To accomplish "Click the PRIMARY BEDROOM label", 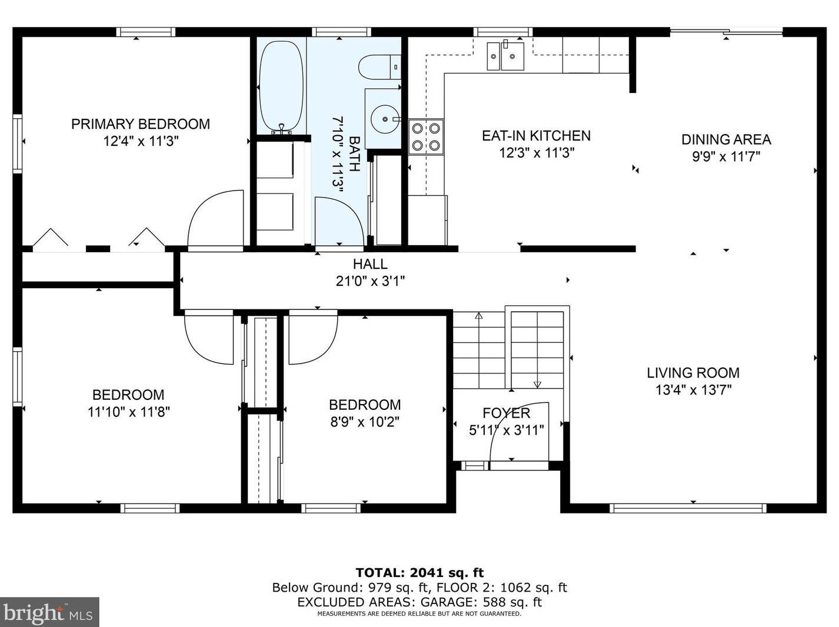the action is coord(141,124).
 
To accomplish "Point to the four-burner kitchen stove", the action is coord(426,137).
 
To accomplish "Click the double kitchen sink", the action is coord(505,56).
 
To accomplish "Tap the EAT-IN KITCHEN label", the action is coord(536,136).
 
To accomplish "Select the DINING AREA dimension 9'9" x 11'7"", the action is coord(726,156).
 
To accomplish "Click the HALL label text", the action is coord(370,264).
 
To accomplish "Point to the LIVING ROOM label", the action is coord(693,372).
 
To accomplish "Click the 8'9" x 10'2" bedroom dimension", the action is coord(365,422).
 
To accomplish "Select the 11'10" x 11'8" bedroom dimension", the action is coord(129,412).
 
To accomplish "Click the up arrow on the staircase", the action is coord(478,316).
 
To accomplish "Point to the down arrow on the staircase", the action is coord(537,385).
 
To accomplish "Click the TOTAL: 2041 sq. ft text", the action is coord(419,572).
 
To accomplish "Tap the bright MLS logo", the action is coord(49,612).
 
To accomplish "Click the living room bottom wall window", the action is coord(688,508).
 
